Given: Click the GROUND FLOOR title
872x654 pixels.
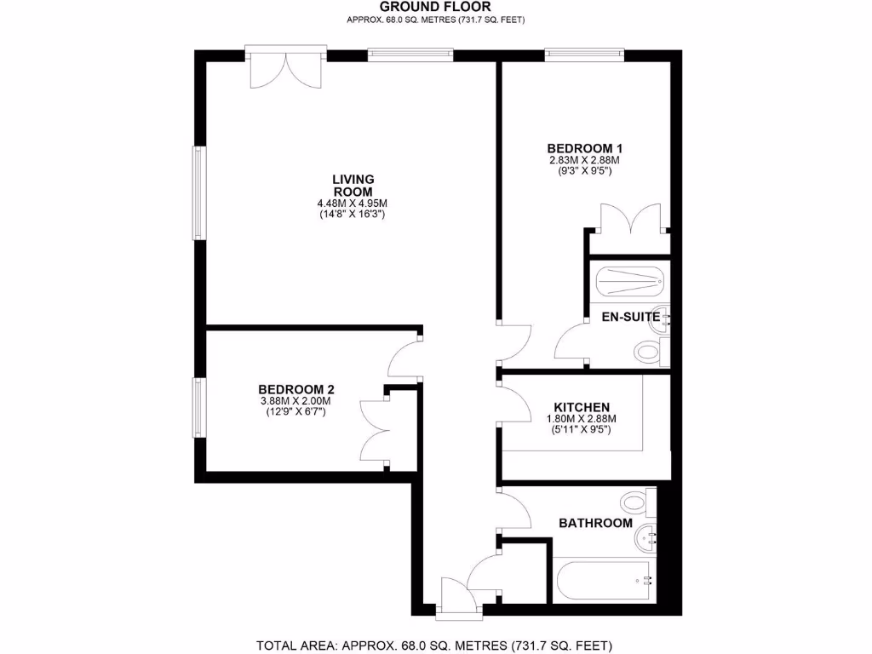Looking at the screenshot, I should [x=435, y=8].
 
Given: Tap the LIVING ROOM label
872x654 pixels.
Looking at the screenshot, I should [x=353, y=185].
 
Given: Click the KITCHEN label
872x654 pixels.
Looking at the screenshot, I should [x=582, y=407].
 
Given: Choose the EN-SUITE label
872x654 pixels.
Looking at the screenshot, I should [x=631, y=317].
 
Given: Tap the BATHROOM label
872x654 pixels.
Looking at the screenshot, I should [x=595, y=523].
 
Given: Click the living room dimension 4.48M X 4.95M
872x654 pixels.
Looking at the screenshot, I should [x=353, y=204].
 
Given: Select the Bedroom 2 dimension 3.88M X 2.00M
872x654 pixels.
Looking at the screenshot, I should [x=294, y=402].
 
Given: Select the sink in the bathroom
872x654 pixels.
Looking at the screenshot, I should [x=647, y=536].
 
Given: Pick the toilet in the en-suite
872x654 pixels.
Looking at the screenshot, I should [x=651, y=350].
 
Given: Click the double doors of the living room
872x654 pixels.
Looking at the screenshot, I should [x=285, y=68].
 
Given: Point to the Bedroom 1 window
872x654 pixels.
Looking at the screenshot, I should [x=584, y=55].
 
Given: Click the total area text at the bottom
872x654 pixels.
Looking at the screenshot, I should [x=435, y=645].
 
